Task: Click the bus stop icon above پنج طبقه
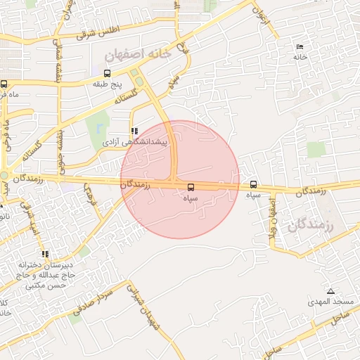(107, 73)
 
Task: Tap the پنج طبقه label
(108, 84)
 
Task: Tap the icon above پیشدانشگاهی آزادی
(134, 131)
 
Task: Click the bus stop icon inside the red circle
(191, 186)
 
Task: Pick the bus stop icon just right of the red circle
(253, 184)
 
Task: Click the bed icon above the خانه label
(300, 46)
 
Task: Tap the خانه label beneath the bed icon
(300, 57)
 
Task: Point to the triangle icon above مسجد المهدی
(330, 291)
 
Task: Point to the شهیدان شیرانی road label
(143, 309)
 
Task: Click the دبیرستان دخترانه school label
(46, 266)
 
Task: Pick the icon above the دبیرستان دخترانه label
(46, 254)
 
